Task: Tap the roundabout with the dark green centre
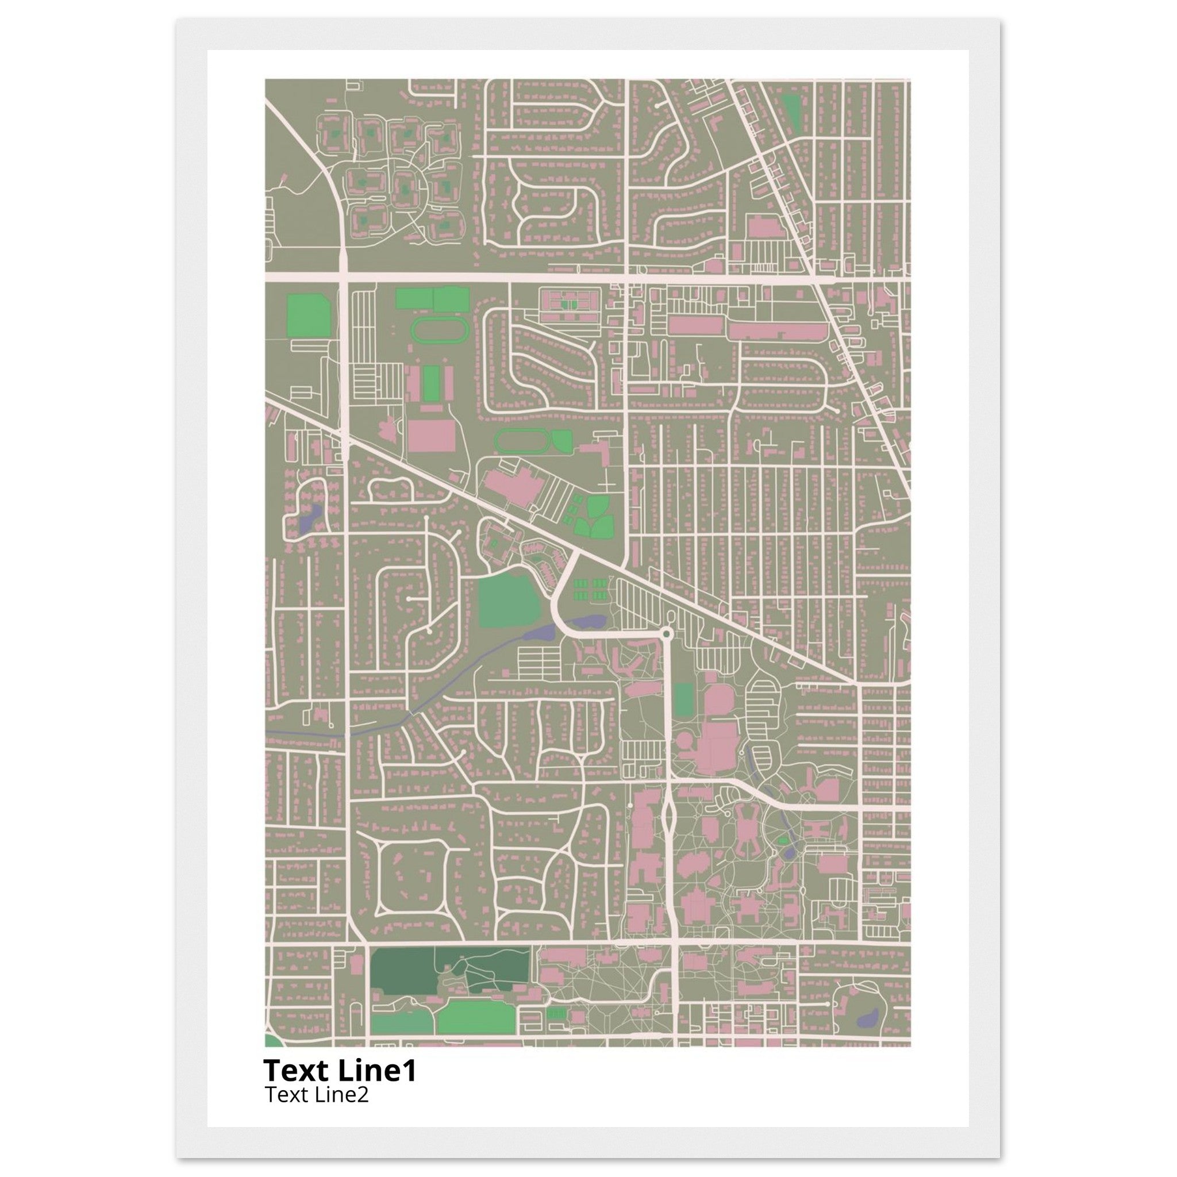(667, 635)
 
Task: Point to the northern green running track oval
(440, 331)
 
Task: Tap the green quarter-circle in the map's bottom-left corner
(270, 1039)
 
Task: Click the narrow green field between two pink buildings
(432, 383)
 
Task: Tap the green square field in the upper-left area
(308, 315)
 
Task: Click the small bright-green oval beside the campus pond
(784, 841)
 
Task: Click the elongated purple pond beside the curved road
(586, 622)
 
